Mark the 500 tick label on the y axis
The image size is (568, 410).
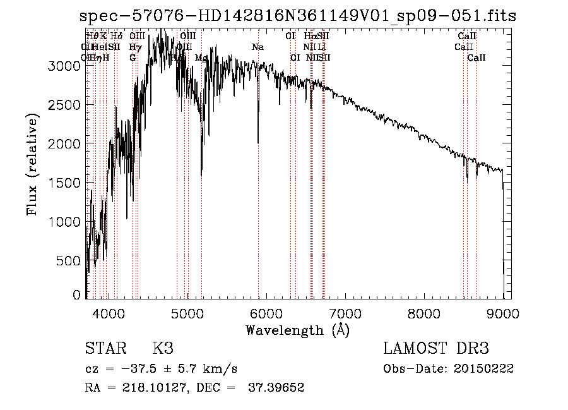pos(69,261)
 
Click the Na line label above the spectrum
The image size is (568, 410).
pos(257,47)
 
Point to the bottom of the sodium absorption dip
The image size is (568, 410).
pos(258,143)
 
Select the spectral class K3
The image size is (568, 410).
pos(163,349)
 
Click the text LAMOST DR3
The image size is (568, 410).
pos(435,349)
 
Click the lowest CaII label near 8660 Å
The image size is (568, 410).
pos(476,58)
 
